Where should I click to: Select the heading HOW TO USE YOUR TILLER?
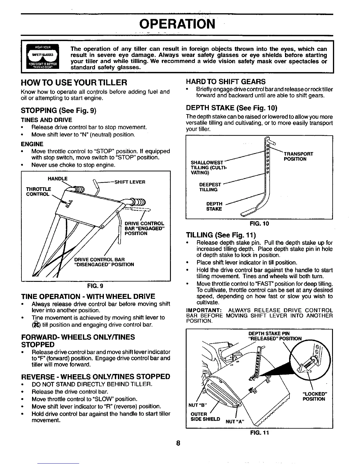click(x=74, y=82)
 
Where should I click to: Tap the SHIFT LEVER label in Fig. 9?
click(x=130, y=182)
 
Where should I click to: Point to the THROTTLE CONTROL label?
click(x=39, y=192)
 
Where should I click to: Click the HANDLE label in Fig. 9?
click(x=58, y=179)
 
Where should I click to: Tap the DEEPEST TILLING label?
click(x=210, y=187)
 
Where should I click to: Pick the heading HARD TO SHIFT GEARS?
click(x=226, y=82)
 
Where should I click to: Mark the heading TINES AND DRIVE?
click(x=46, y=120)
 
